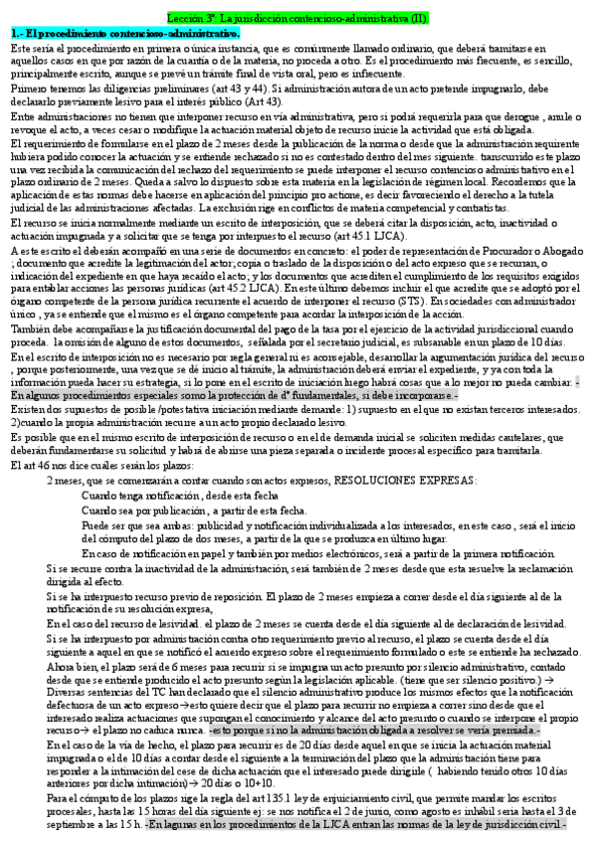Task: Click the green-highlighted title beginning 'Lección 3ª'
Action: click(x=298, y=19)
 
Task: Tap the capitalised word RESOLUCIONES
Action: click(x=376, y=480)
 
